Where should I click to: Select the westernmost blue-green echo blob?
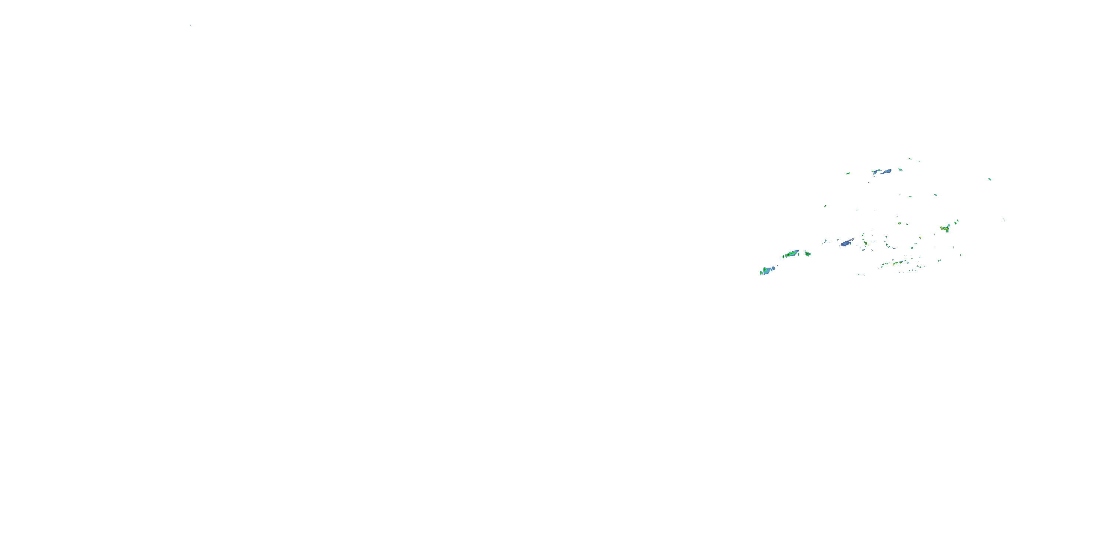[x=767, y=271]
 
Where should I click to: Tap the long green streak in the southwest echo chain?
[x=792, y=254]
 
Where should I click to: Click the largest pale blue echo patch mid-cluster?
[x=846, y=243]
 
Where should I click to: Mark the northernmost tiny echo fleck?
[x=910, y=159]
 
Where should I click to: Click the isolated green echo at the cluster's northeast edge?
[x=990, y=179]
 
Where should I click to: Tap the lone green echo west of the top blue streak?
[x=848, y=173]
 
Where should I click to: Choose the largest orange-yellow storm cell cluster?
[x=944, y=228]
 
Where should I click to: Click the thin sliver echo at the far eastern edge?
[x=1004, y=219]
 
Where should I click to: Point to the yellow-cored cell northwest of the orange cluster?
[x=900, y=224]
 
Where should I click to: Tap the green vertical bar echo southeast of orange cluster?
[x=961, y=255]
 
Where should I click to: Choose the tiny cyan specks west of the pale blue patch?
[x=825, y=241]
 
